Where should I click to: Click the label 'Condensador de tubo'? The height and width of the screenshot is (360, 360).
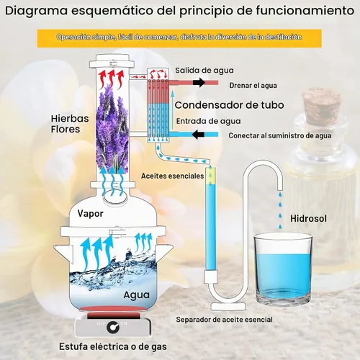(229, 105)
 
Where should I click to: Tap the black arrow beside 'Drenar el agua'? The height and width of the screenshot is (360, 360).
(199, 83)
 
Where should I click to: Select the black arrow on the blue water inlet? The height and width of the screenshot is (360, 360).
(198, 135)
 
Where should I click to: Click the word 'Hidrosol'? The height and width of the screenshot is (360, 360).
(308, 218)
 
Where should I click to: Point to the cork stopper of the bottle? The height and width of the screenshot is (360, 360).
(321, 104)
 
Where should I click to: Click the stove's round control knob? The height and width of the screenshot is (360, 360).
(113, 327)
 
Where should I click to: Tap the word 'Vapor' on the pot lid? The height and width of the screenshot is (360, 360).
(90, 214)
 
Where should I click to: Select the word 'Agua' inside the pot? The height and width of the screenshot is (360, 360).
(136, 295)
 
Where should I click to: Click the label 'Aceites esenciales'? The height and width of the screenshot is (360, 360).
(172, 176)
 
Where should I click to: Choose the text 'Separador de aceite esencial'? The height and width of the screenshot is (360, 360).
(224, 320)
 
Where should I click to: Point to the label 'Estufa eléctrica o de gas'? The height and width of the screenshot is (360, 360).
(113, 346)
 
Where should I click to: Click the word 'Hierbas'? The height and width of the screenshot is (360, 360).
(70, 119)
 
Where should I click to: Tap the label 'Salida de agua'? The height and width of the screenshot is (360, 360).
(204, 71)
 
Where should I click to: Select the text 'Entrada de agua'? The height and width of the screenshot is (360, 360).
(208, 121)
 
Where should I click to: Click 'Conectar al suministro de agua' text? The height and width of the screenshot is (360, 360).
(280, 135)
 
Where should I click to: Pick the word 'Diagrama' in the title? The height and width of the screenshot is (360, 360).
(37, 11)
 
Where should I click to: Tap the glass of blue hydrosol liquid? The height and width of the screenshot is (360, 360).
(283, 269)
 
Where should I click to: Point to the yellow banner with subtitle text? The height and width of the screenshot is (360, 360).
(179, 38)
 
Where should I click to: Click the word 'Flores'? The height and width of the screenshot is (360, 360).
(66, 129)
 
